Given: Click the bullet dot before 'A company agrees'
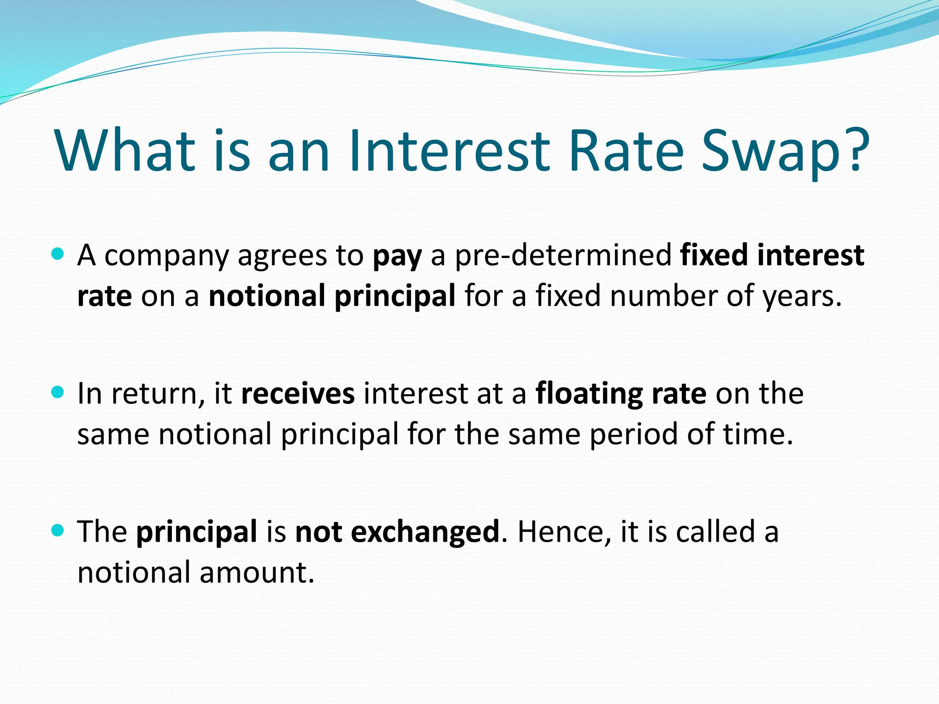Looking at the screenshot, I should click(58, 253).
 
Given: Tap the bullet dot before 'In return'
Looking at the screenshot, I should click(58, 392).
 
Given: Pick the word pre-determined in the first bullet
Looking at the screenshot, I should click(563, 255).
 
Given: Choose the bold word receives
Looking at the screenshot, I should click(298, 394).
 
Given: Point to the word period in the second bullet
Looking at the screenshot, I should click(633, 434).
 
